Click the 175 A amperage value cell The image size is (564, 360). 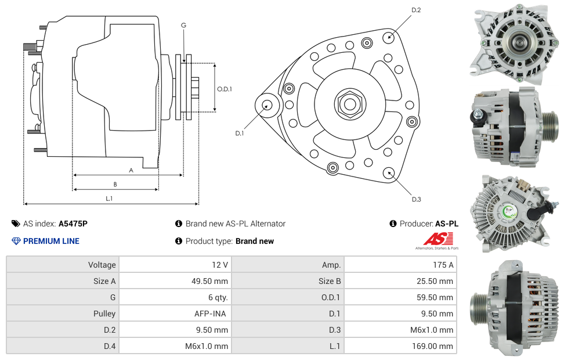click(x=443, y=265)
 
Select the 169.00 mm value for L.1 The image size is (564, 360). click(x=432, y=346)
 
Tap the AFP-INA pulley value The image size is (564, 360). click(x=210, y=314)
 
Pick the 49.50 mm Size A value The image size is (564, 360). click(x=209, y=281)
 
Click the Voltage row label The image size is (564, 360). click(x=102, y=265)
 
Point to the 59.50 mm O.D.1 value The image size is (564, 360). click(x=435, y=298)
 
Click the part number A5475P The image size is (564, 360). click(x=73, y=224)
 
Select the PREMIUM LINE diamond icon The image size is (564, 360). click(x=16, y=241)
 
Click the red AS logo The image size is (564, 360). click(x=438, y=239)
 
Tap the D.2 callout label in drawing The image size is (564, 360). click(x=416, y=10)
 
